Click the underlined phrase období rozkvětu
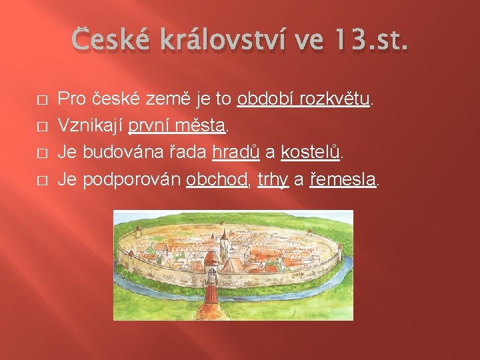[x=303, y=100]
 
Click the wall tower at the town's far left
[x=131, y=257]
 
